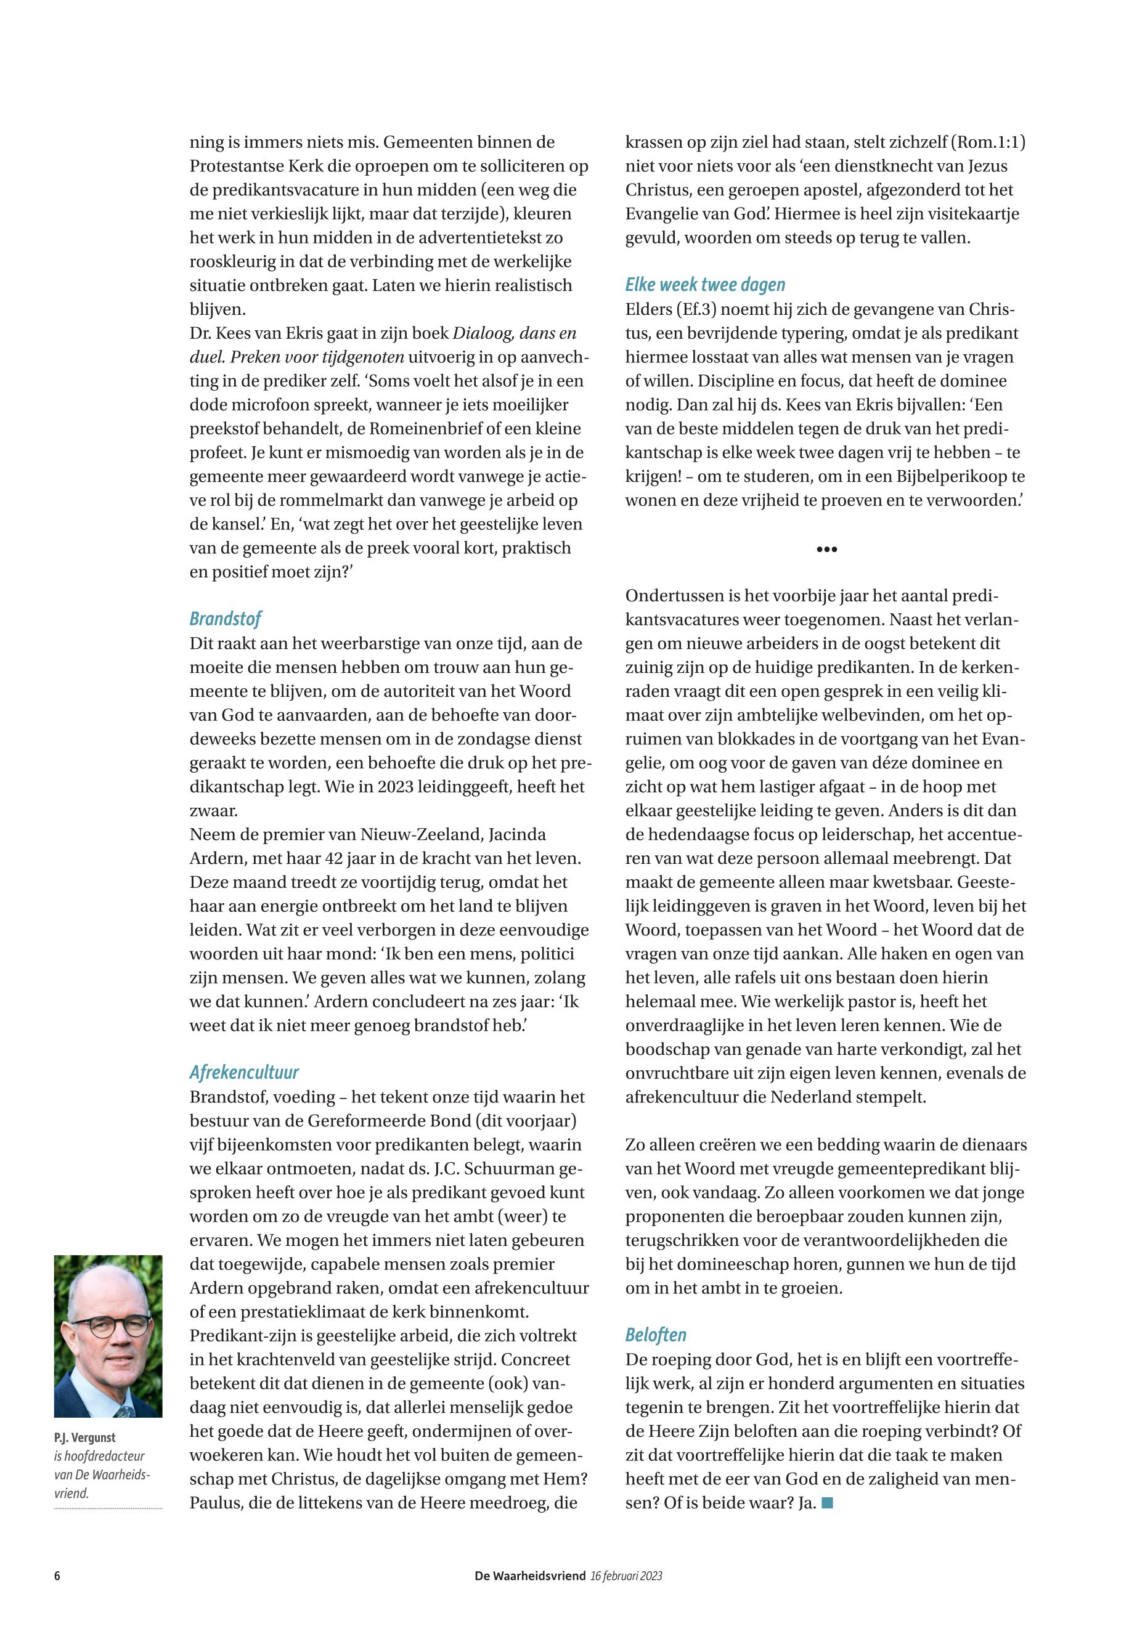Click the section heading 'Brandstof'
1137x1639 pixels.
coord(225,619)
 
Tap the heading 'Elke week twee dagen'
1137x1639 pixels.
coord(704,285)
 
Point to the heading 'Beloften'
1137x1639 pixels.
coord(656,1335)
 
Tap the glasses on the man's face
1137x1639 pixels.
coord(110,1327)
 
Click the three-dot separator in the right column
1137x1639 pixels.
coord(826,549)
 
